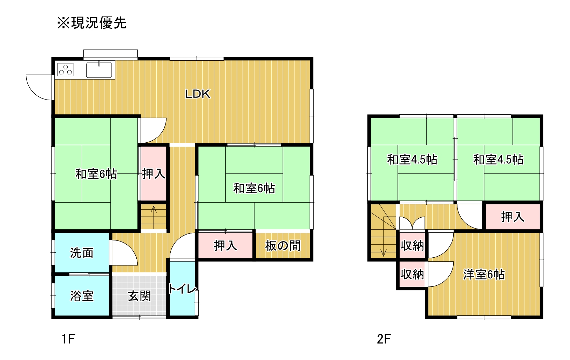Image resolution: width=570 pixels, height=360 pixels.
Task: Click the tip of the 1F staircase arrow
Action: coord(154,206)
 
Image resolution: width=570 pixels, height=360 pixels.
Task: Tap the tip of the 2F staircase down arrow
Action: coord(384,256)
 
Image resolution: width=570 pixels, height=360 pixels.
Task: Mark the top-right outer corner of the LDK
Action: coord(313,57)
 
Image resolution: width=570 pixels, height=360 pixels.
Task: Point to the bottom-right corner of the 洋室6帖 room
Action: coord(543,319)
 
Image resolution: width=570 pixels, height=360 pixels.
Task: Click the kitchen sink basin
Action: coord(99,70)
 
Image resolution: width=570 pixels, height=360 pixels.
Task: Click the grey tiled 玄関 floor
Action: coord(139,296)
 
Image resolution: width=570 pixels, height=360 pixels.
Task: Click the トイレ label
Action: coord(182,289)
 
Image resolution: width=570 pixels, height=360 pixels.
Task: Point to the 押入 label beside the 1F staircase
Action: coord(154,174)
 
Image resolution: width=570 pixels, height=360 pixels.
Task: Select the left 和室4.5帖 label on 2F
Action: coord(412,159)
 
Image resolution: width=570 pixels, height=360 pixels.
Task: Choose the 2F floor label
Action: coord(384,339)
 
